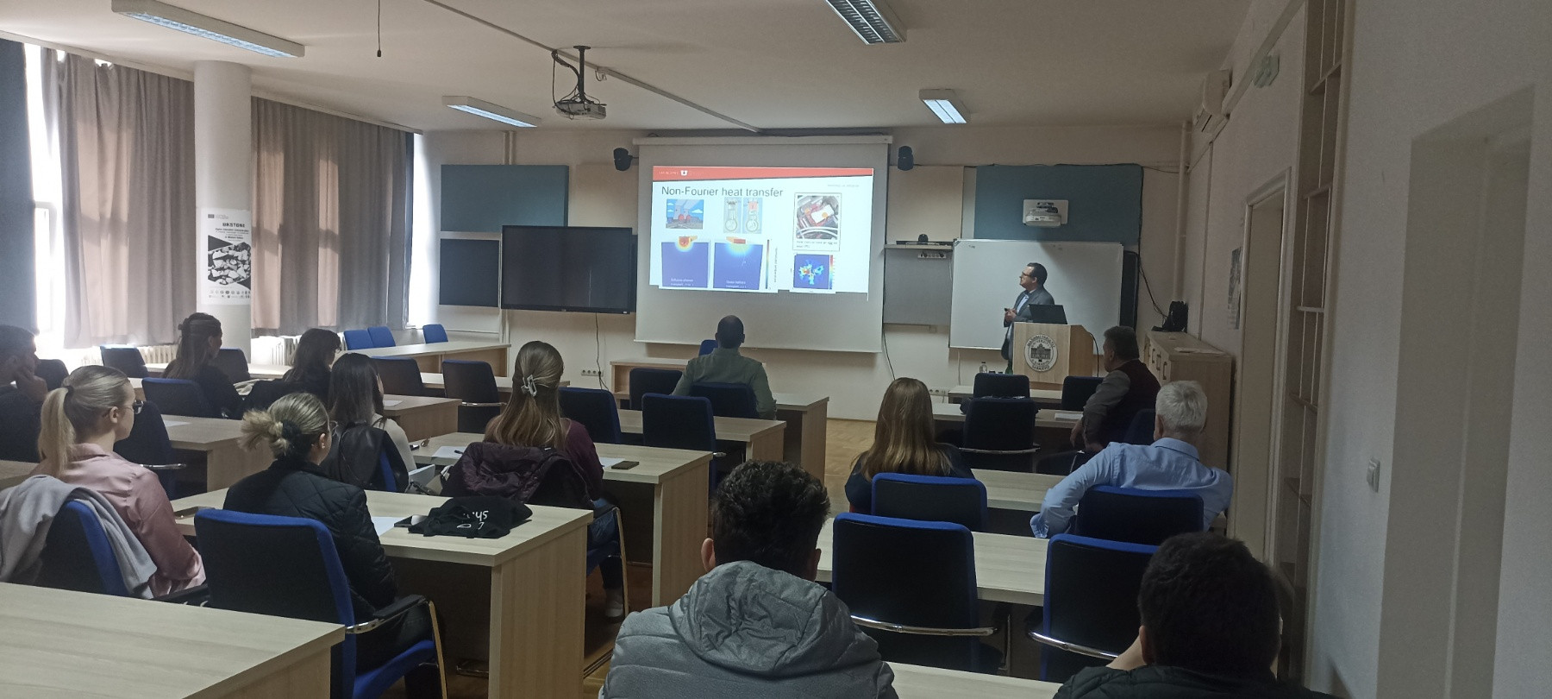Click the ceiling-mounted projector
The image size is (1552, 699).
tap(579, 106)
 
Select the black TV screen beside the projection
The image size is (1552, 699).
tap(566, 268)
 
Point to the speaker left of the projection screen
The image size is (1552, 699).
tap(621, 158)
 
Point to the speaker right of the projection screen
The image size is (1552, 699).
tap(904, 157)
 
